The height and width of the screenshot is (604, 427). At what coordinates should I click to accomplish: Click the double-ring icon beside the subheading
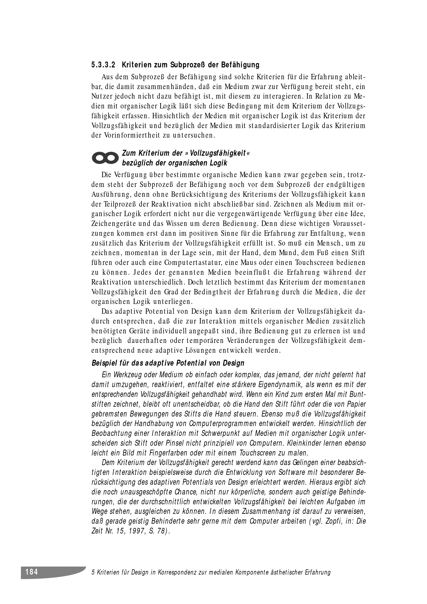pos(104,158)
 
